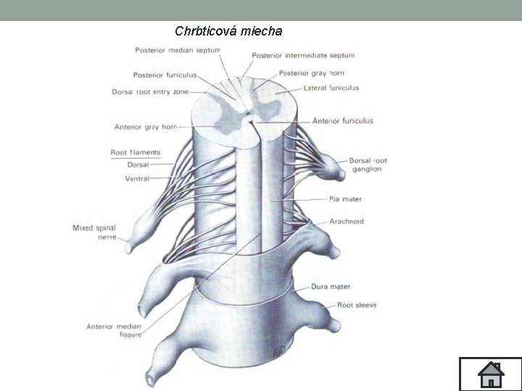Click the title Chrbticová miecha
pos(228,31)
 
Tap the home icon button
pos(491,374)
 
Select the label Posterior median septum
pos(178,51)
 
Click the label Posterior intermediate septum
pos(303,56)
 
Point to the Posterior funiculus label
pos(165,75)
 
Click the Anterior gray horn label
pos(145,127)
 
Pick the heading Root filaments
pos(135,153)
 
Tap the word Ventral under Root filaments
pos(137,178)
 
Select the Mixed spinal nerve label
pos(94,232)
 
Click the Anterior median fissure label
pos(114,330)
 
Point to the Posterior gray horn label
pos(312,73)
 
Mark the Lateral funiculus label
pos(331,88)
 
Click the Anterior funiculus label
pos(343,121)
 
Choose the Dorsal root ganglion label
pos(368,164)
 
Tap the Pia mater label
pos(345,199)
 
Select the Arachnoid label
pos(347,221)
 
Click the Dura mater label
pos(331,287)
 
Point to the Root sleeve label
pos(357,306)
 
